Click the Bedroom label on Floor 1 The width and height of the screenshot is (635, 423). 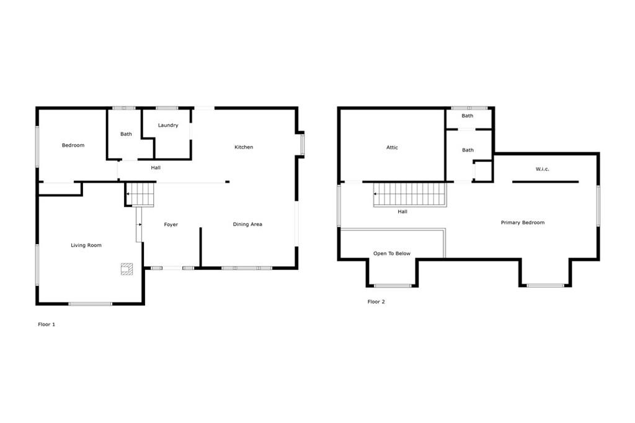(73, 146)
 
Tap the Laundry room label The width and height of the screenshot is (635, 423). (168, 126)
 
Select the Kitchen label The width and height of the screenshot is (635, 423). (244, 147)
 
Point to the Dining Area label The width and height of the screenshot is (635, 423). (247, 224)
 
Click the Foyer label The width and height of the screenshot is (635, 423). (171, 225)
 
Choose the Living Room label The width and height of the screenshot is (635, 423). (86, 246)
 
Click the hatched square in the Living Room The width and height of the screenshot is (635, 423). (127, 268)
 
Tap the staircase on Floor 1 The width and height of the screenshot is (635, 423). (140, 194)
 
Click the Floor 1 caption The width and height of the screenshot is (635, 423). (47, 324)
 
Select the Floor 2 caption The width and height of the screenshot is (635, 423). (376, 302)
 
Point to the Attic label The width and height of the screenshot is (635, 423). (392, 148)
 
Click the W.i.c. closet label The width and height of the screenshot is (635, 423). (543, 169)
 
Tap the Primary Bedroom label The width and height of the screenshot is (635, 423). (523, 222)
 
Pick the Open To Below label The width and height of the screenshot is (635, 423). (392, 253)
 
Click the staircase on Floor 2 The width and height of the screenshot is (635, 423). (409, 194)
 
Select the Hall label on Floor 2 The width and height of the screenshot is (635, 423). (402, 212)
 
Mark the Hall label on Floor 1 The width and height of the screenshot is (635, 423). (156, 168)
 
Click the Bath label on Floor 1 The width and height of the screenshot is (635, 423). (126, 134)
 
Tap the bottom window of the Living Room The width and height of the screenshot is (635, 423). (91, 303)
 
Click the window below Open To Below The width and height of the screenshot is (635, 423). (393, 286)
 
